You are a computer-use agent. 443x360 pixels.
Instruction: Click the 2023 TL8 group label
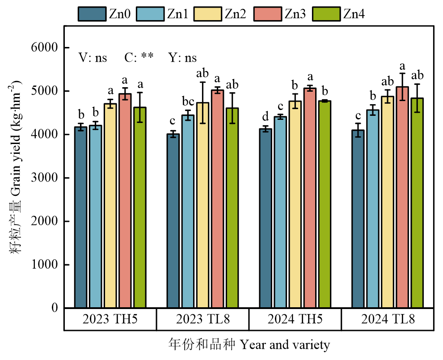click(203, 320)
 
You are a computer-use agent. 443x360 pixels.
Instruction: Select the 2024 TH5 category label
click(295, 320)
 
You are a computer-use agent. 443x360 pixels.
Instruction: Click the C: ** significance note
click(139, 57)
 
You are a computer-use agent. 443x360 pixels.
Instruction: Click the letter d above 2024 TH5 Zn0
click(266, 118)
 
